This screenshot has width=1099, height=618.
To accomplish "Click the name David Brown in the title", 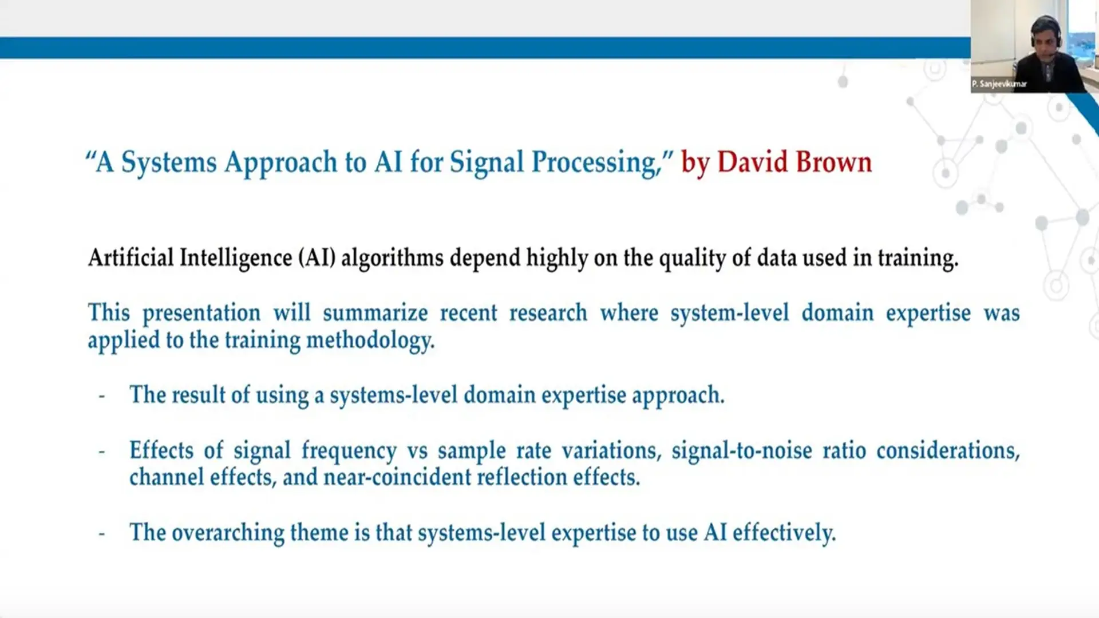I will click(794, 162).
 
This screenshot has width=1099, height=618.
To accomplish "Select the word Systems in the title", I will click(169, 163).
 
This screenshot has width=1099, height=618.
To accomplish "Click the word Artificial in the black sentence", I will click(131, 257).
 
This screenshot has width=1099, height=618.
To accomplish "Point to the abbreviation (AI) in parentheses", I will click(317, 257).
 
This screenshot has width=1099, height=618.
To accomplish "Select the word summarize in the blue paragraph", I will click(375, 313).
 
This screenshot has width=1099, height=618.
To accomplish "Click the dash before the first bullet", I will click(102, 395).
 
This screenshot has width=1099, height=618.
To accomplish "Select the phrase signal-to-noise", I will click(741, 450).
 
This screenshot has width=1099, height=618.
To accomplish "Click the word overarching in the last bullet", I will click(228, 533).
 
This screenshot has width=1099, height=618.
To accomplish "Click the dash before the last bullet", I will click(102, 533).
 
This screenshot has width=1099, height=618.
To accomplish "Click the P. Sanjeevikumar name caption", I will click(999, 84).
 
